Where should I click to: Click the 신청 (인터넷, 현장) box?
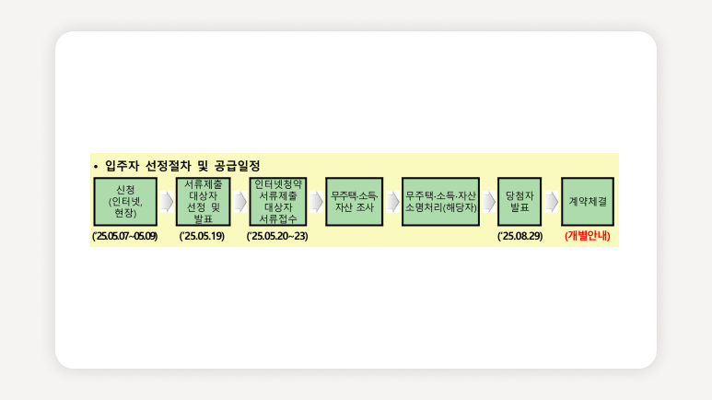pos(125,202)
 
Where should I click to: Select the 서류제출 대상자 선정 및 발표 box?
pos(203,202)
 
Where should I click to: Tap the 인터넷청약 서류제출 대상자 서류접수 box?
pos(278,202)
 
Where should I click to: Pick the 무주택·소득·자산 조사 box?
pos(355,202)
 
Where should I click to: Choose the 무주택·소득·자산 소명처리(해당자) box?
pos(440,202)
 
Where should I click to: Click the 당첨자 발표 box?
pos(519,202)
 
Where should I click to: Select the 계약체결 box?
pos(588,202)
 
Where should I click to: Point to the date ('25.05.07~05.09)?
pos(125,236)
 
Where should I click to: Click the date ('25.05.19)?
pos(202,236)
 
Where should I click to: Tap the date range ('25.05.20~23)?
pos(277,236)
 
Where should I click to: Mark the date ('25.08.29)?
pos(519,236)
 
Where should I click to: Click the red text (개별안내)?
pos(588,236)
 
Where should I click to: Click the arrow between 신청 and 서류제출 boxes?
pos(167,202)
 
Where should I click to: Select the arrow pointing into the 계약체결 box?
pos(551,202)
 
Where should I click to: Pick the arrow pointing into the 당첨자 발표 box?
pos(488,202)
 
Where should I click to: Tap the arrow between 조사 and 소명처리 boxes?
pos(392,202)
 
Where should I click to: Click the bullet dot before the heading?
pos(96,167)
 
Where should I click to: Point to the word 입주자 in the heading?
pos(122,166)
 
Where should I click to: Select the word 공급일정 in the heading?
pos(237,166)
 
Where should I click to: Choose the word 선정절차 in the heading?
pos(168,166)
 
